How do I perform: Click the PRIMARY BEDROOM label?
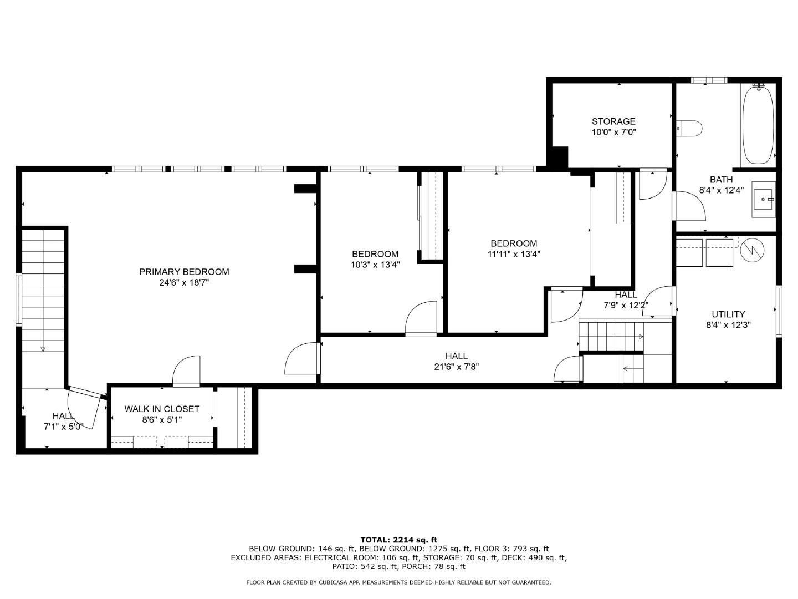click(183, 272)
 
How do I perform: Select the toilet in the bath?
click(690, 128)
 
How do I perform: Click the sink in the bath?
click(764, 198)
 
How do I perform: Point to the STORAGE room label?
click(613, 121)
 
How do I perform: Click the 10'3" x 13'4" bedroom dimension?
click(375, 265)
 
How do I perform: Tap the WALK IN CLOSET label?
click(162, 409)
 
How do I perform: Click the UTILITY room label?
click(728, 314)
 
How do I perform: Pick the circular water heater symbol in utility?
click(753, 250)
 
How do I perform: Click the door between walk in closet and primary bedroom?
click(186, 372)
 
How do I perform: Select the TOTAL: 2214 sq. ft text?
click(398, 539)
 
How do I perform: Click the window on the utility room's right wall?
click(779, 311)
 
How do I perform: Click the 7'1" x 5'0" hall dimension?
click(63, 427)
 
